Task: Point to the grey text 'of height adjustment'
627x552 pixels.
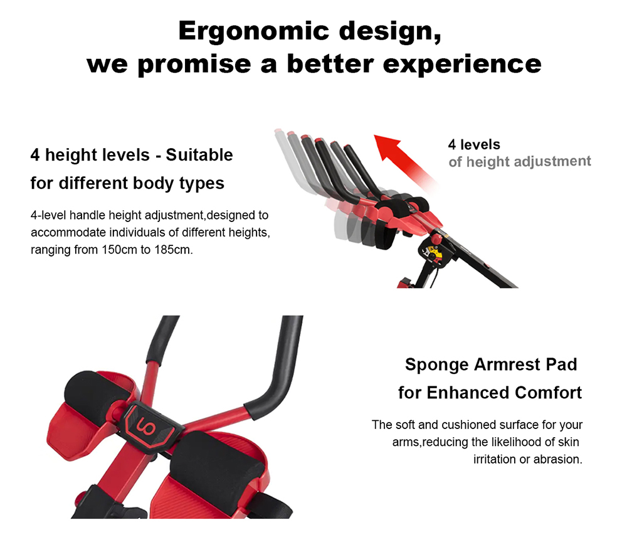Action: [x=520, y=162]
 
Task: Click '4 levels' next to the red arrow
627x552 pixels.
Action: [x=474, y=144]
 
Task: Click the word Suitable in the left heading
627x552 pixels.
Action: [x=199, y=155]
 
